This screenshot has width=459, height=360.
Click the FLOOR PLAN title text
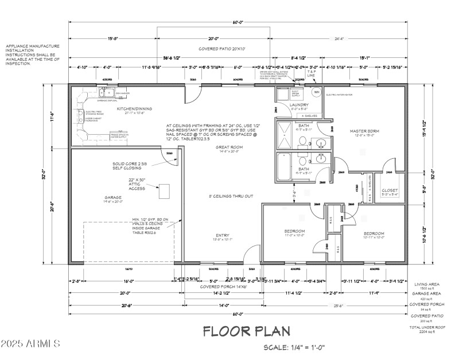tap(247, 331)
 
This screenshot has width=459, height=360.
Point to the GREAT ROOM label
tap(228, 147)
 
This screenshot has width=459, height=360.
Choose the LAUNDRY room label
tap(299, 105)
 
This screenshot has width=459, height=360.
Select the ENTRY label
tap(223, 235)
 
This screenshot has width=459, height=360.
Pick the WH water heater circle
tap(316, 92)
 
